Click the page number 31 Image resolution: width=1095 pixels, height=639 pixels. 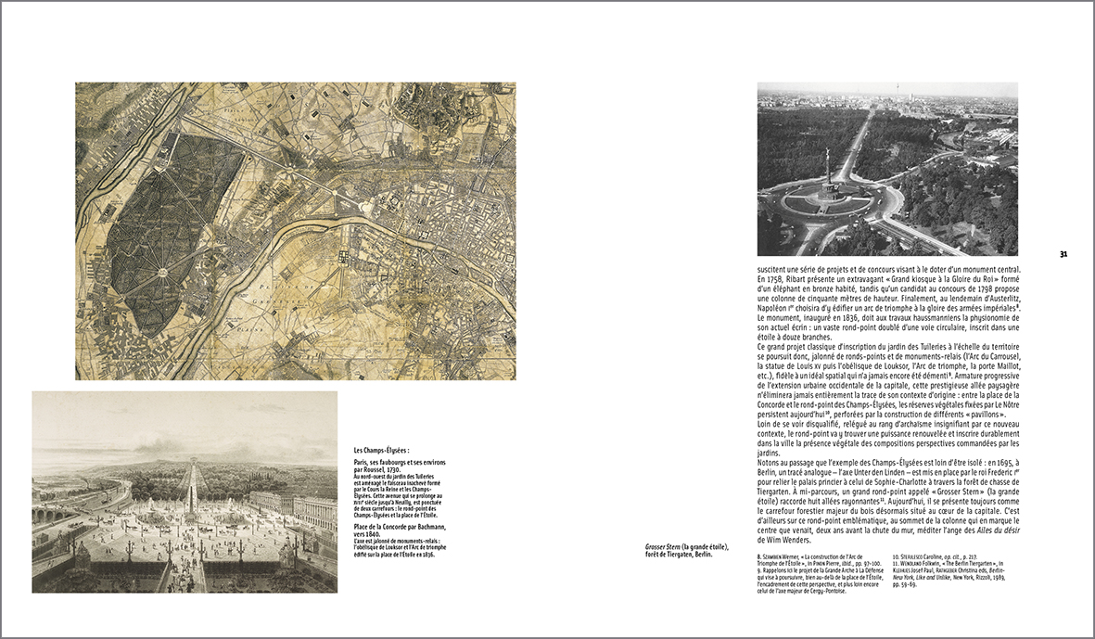[1063, 253]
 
